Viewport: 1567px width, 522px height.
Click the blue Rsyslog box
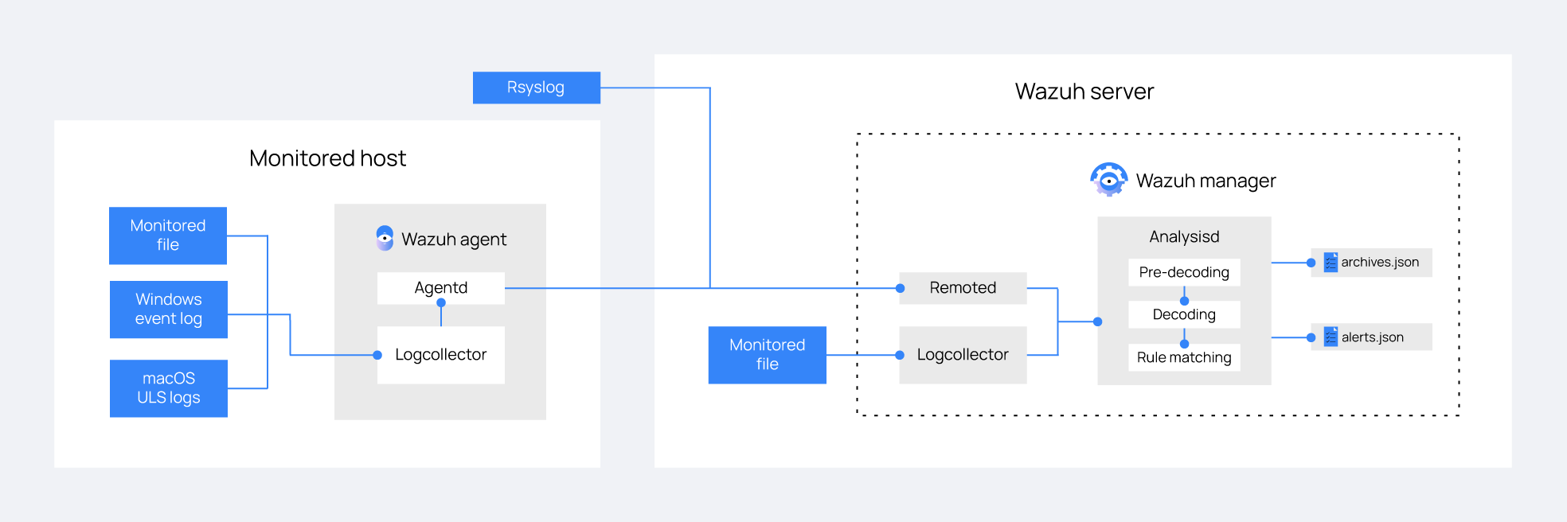pyautogui.click(x=536, y=88)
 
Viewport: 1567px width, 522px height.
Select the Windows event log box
pyautogui.click(x=168, y=310)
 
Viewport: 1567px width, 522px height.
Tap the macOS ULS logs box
pyautogui.click(x=168, y=388)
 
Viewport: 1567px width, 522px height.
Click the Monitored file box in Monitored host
pyautogui.click(x=167, y=236)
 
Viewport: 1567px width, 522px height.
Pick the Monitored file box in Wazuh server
pyautogui.click(x=767, y=355)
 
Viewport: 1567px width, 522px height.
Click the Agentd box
pyautogui.click(x=440, y=288)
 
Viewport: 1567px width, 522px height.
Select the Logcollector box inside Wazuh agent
pyautogui.click(x=440, y=355)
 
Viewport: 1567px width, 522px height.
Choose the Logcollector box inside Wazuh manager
pyautogui.click(x=962, y=355)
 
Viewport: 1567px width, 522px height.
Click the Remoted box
pyautogui.click(x=962, y=288)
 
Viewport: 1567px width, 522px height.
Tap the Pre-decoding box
pyautogui.click(x=1183, y=272)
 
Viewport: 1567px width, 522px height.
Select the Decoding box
pyautogui.click(x=1183, y=314)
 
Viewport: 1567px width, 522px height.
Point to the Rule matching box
pyautogui.click(x=1183, y=357)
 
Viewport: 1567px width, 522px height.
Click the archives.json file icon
pyautogui.click(x=1331, y=263)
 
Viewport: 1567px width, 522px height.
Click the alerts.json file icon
pyautogui.click(x=1331, y=337)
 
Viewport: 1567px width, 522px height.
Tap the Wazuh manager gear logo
pyautogui.click(x=1108, y=180)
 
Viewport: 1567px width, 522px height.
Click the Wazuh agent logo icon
pyautogui.click(x=385, y=238)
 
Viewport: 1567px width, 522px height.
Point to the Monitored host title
pyautogui.click(x=327, y=158)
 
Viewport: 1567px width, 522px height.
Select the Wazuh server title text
pyautogui.click(x=1084, y=92)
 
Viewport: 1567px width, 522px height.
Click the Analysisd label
pyautogui.click(x=1183, y=236)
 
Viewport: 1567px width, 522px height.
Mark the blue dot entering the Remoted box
pyautogui.click(x=901, y=288)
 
